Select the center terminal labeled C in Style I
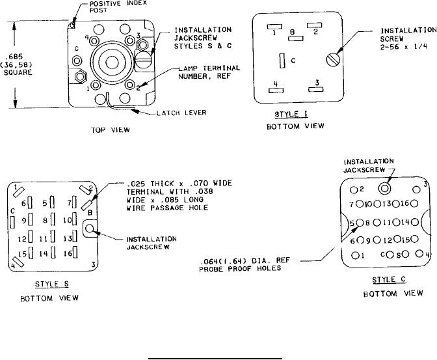pyautogui.click(x=283, y=61)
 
